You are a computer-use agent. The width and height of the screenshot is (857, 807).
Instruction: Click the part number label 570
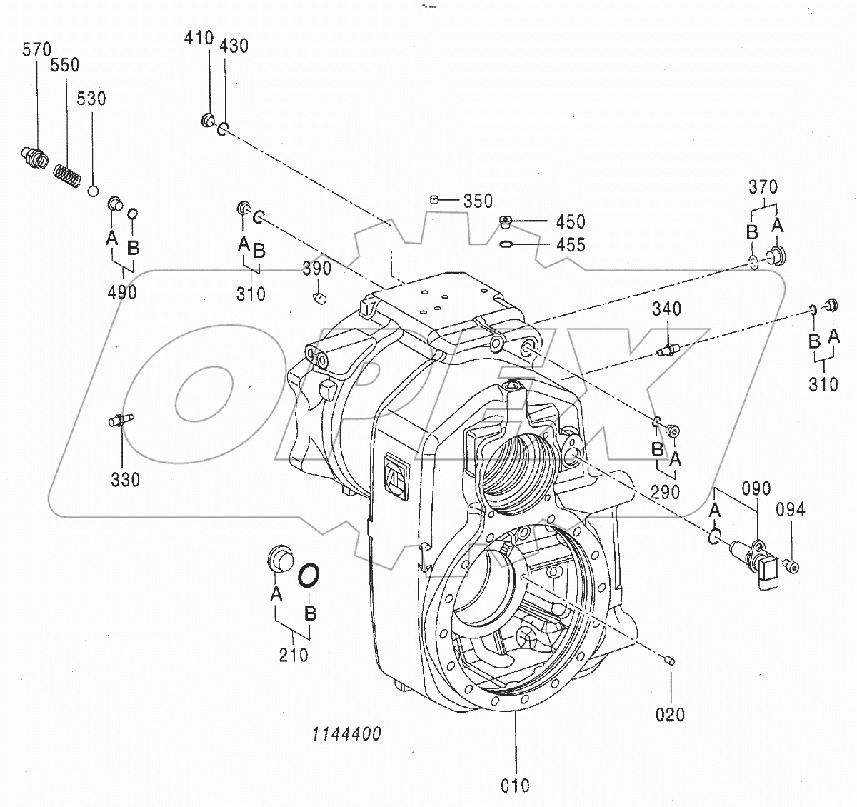(37, 50)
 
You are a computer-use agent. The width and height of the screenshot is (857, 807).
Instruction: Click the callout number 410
(199, 38)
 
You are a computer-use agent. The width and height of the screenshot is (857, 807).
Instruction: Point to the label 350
(478, 201)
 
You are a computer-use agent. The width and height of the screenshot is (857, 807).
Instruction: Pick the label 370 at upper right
(763, 187)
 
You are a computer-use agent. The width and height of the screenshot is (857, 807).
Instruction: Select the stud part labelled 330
(119, 420)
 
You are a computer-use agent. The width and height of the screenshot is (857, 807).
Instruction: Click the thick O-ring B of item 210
(309, 575)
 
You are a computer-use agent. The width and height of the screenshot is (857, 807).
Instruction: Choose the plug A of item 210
(279, 558)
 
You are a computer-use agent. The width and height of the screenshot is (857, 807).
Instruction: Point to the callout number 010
(515, 786)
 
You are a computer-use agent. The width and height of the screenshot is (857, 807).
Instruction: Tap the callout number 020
(671, 714)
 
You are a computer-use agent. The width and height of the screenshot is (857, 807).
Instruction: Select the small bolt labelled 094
(791, 566)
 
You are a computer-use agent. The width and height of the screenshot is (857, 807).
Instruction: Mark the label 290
(666, 492)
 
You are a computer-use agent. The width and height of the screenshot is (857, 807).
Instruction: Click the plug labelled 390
(319, 296)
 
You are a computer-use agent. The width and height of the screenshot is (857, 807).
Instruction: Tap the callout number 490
(122, 291)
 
